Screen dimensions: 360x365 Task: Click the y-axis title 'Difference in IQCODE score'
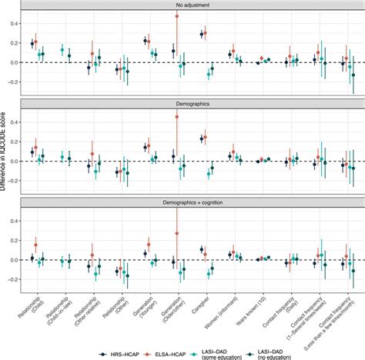pos(6,154)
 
